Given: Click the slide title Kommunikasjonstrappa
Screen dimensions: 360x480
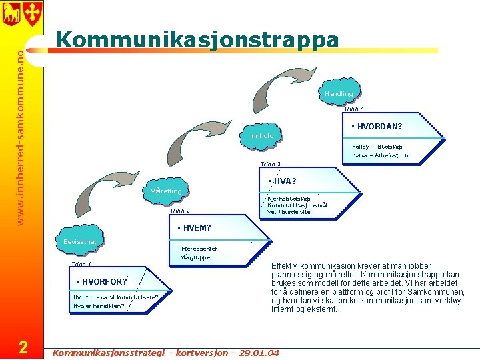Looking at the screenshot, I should point(197,40).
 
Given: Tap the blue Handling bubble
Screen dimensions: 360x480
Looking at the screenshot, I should point(339,94).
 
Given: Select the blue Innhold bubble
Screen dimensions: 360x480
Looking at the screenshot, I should point(261,136).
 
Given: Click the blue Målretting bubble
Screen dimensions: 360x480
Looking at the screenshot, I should point(166,192).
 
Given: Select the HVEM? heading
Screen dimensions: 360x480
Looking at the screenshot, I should point(195,229).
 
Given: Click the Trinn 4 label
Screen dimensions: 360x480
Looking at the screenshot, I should point(354,109).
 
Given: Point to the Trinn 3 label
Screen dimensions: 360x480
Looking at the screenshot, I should point(270,164).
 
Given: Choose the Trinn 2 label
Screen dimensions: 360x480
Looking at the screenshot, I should point(180,211).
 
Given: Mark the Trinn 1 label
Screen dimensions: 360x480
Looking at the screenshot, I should point(81,265).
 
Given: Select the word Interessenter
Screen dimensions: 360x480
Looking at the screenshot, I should point(199,249).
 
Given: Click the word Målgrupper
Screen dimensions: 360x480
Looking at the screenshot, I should point(196,257).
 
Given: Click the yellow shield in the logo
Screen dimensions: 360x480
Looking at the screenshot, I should point(33,12).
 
